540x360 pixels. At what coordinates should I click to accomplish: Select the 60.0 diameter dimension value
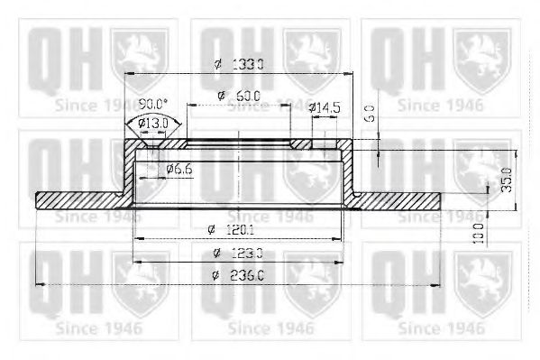point(247,95)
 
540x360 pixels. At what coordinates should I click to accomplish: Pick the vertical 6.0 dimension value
point(370,113)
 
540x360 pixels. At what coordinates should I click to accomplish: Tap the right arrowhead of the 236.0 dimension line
point(438,285)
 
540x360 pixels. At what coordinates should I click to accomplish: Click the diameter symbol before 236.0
point(217,279)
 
